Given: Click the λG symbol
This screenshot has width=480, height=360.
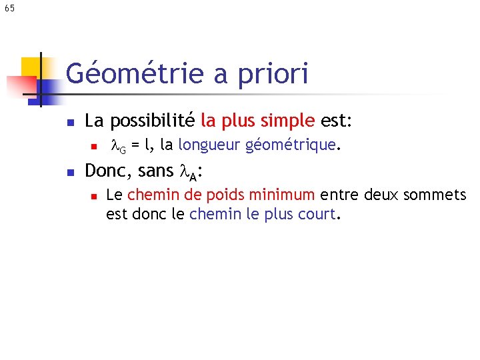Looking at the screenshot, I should [x=118, y=145].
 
